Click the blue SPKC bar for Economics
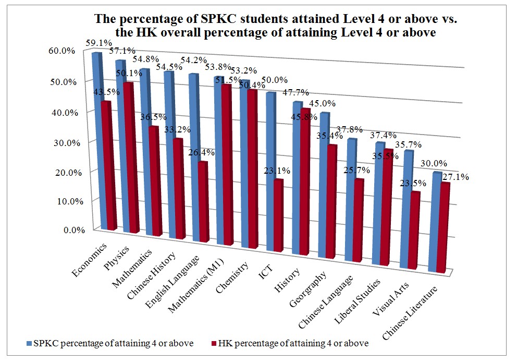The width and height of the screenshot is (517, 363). (97, 141)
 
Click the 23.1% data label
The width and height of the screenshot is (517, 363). (278, 170)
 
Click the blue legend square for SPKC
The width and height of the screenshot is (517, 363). (29, 344)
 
